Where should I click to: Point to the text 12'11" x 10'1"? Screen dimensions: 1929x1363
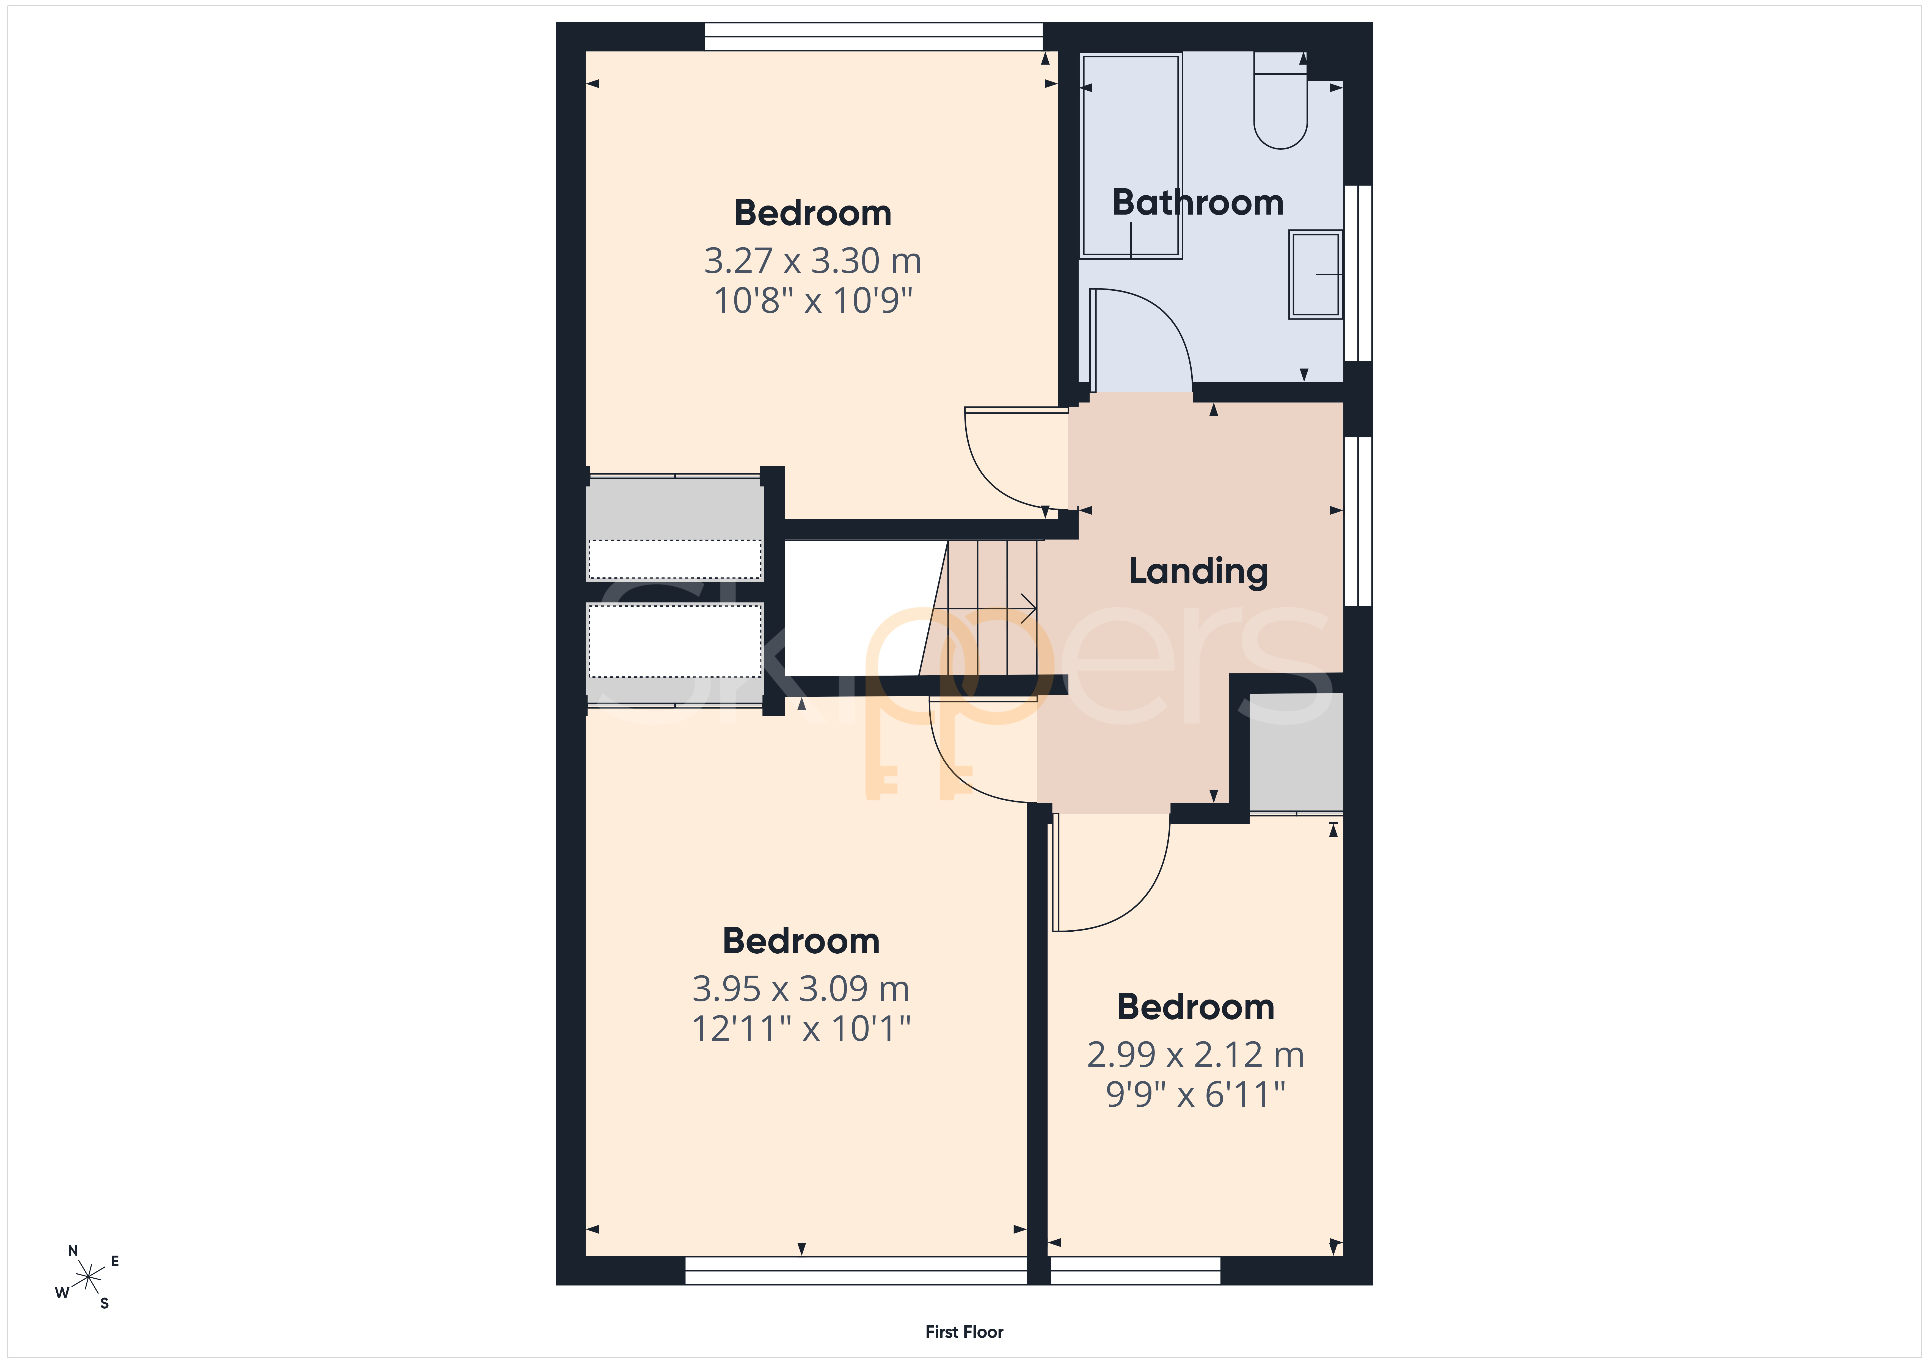click(801, 1028)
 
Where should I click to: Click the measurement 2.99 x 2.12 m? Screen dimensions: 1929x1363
click(1195, 1055)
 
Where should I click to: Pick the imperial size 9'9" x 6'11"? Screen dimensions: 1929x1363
click(1195, 1094)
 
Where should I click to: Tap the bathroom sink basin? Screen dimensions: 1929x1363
click(1316, 275)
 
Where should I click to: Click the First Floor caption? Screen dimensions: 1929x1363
click(964, 1332)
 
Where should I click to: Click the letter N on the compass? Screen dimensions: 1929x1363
click(73, 1251)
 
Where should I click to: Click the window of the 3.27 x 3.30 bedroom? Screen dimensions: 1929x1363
click(874, 37)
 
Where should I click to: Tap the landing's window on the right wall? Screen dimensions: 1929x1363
click(1358, 521)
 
